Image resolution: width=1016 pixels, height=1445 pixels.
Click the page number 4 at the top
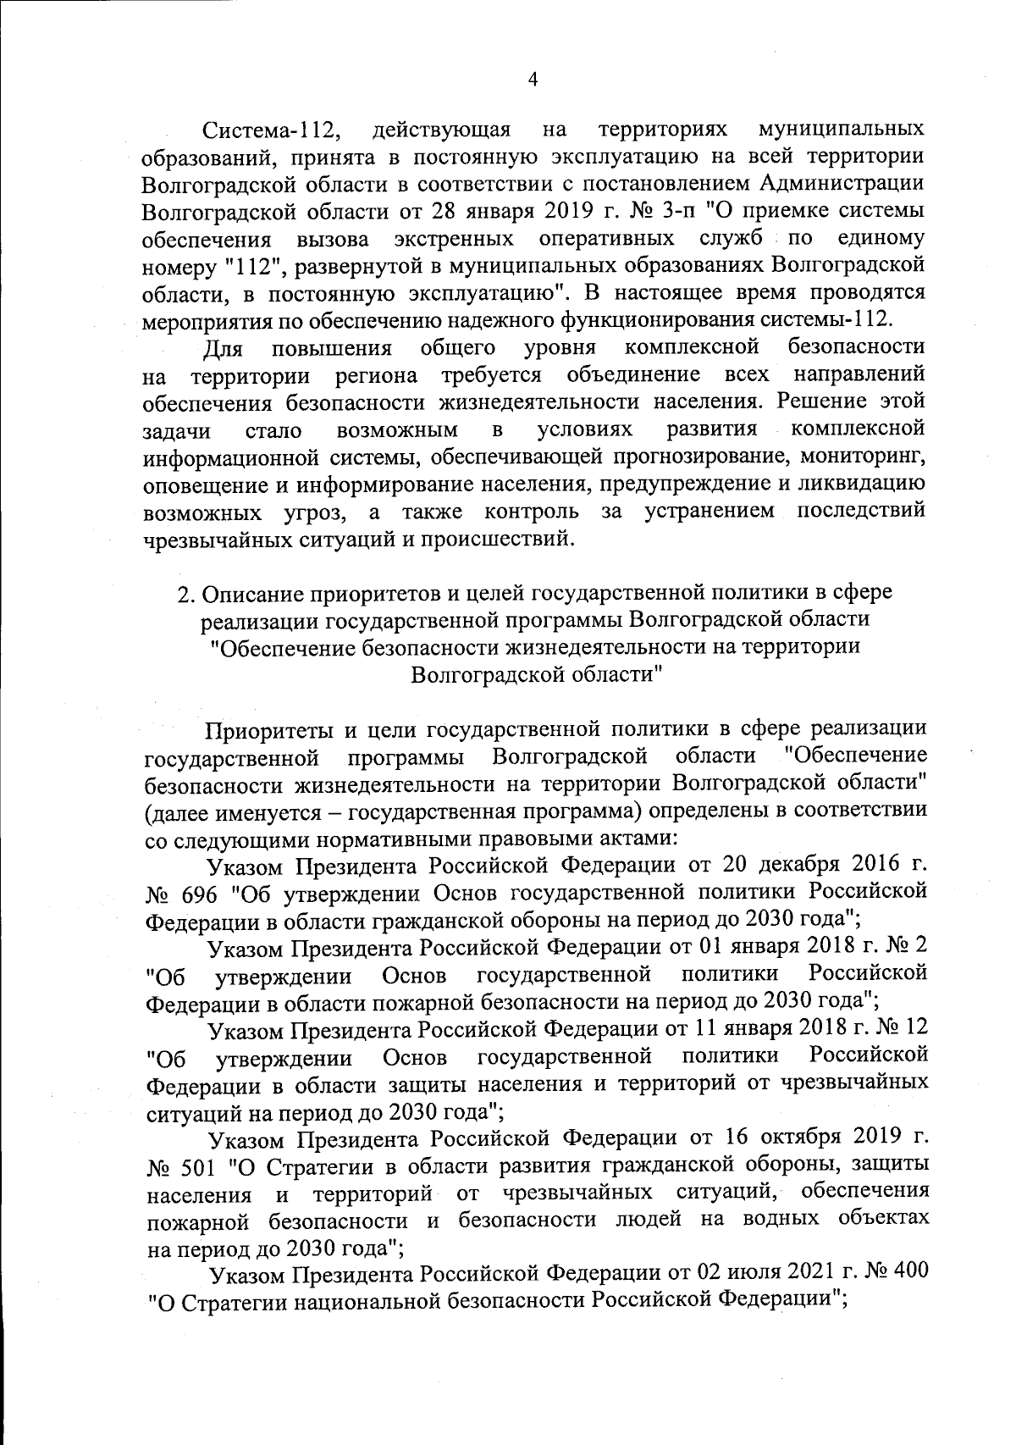click(x=533, y=80)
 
